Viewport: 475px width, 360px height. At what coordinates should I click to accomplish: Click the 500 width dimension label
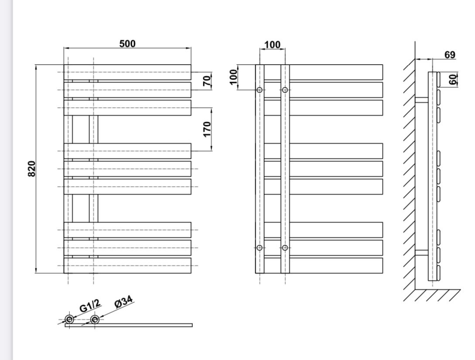point(127,44)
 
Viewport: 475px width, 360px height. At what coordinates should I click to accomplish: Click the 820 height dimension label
point(31,168)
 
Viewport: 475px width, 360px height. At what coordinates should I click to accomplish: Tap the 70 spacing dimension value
point(207,80)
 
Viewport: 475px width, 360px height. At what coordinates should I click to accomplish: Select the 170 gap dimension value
point(207,129)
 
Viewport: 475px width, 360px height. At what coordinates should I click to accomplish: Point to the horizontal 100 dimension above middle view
point(273,45)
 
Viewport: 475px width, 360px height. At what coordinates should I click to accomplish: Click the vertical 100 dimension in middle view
point(233,77)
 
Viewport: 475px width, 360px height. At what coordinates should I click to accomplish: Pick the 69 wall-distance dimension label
point(450,55)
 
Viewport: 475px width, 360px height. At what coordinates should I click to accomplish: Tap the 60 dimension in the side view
point(453,79)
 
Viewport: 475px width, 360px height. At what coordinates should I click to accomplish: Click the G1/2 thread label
point(90,306)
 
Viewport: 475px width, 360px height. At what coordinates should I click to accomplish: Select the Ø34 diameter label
point(123,302)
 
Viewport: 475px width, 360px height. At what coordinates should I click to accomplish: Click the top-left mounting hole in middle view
point(260,90)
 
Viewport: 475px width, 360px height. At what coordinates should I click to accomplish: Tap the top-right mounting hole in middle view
point(285,90)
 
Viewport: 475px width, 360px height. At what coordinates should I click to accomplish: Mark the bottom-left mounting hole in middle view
point(260,248)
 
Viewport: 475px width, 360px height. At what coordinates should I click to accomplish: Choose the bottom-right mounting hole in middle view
point(285,248)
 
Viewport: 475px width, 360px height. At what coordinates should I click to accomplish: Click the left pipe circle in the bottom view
point(69,319)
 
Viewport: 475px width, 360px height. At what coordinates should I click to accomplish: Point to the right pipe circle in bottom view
point(95,319)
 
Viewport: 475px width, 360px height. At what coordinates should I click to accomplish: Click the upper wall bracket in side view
point(421,99)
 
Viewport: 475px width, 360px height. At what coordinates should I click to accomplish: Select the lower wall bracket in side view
point(421,252)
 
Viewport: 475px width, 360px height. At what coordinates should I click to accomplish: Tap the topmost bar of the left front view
point(127,72)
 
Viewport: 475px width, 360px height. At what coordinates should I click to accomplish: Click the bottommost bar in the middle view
point(323,265)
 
